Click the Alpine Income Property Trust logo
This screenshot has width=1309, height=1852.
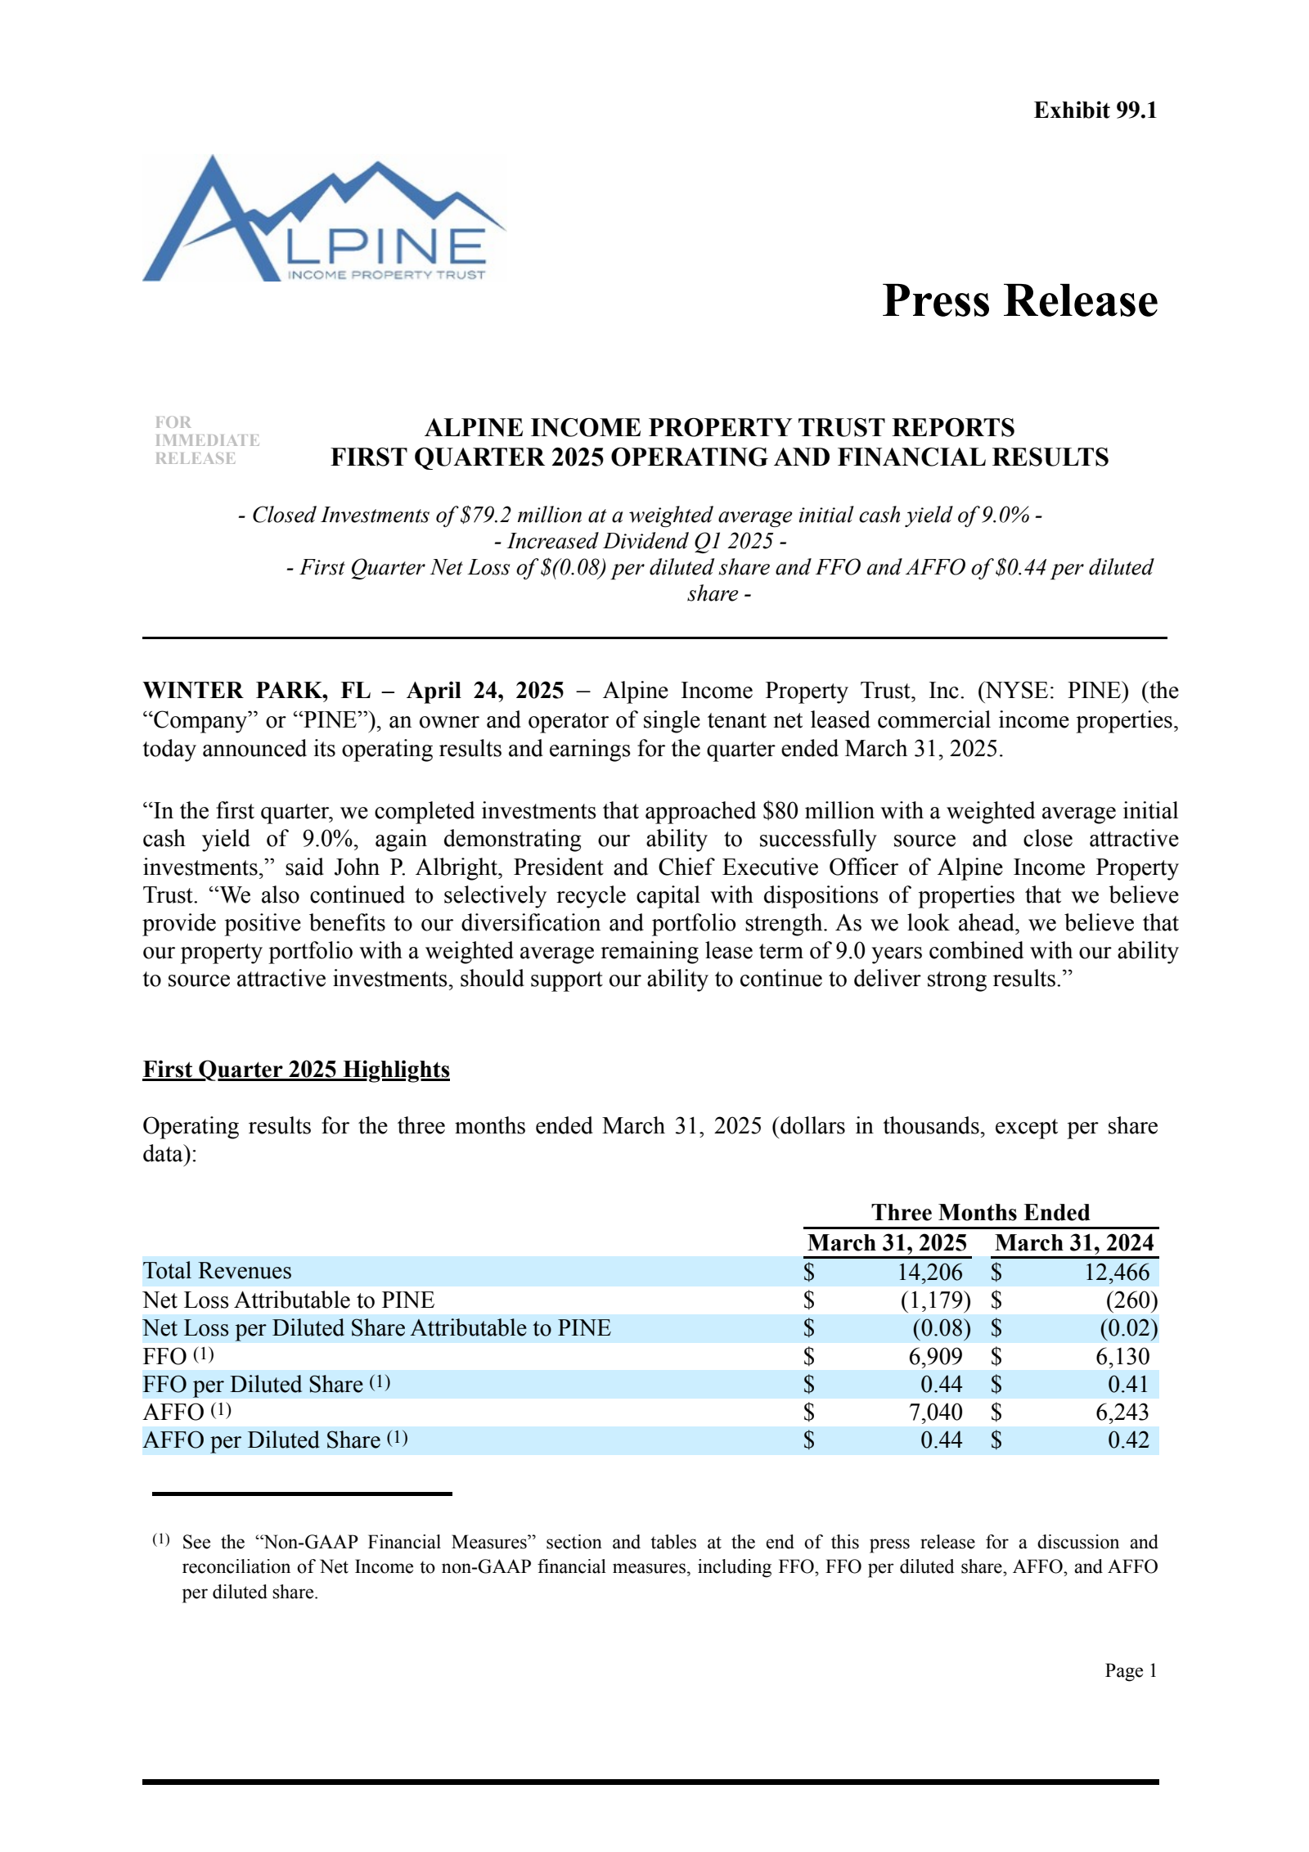(x=324, y=219)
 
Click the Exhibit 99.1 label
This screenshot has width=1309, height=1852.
(x=1095, y=110)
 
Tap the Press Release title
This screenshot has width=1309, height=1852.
(x=1019, y=300)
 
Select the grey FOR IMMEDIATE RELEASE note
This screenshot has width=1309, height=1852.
(x=207, y=440)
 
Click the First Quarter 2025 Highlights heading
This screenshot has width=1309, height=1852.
(x=296, y=1070)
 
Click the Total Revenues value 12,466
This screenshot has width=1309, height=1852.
(x=1117, y=1272)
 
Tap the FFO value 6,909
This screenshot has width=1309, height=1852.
(x=935, y=1356)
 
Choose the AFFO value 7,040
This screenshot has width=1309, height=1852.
(x=935, y=1412)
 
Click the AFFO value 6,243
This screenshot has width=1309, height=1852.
(x=1122, y=1412)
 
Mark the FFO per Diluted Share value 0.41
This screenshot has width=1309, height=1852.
(x=1128, y=1384)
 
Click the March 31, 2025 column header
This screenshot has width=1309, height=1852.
(x=887, y=1242)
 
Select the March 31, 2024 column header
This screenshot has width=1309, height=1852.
(x=1074, y=1242)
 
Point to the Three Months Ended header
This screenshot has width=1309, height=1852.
(x=980, y=1212)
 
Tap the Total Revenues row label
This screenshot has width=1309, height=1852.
(x=217, y=1271)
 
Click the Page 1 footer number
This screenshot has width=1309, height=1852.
(x=1131, y=1670)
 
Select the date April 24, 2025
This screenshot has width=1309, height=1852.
(x=485, y=691)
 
